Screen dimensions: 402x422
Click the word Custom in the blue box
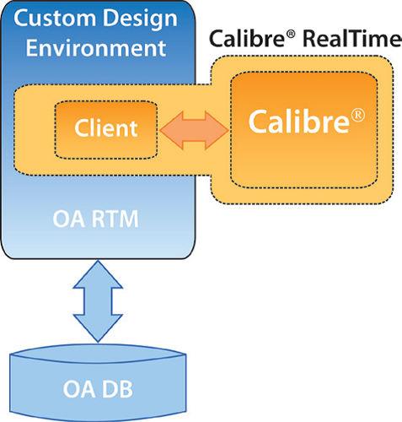coord(55,19)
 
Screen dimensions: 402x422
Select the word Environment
coord(96,47)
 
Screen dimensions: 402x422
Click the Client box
coord(106,130)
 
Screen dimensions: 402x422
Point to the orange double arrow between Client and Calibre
coord(194,130)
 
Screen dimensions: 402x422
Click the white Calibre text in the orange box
coord(299,121)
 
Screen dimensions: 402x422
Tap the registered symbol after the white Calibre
coord(357,116)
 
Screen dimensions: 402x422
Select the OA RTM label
coord(95,219)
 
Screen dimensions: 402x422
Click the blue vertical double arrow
coord(98,301)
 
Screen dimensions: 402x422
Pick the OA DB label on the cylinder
coord(98,389)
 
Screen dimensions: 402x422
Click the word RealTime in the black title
coord(352,39)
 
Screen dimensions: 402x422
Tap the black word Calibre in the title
coord(247,38)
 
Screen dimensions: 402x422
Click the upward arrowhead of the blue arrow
coord(98,274)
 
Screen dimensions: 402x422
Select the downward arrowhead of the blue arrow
coord(98,328)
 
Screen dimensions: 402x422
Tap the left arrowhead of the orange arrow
coord(171,130)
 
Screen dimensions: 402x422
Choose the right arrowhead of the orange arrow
coord(217,130)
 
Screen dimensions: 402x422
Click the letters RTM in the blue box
coord(115,219)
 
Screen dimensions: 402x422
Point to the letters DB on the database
coord(117,389)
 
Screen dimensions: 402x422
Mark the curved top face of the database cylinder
coord(98,354)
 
